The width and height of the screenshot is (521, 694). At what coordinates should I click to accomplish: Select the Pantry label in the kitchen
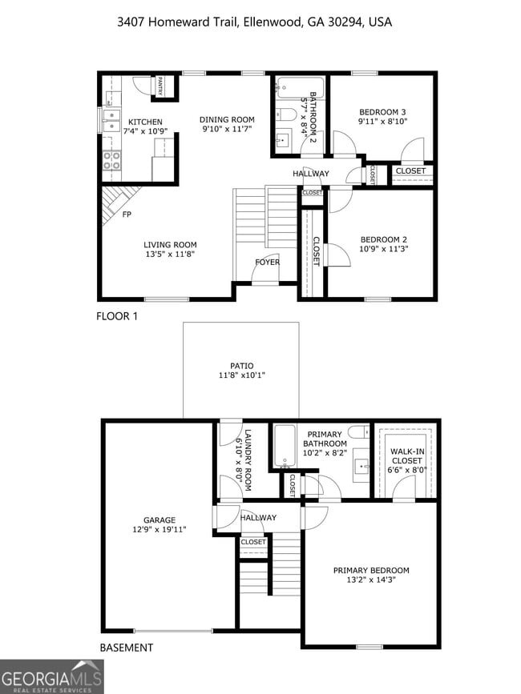[x=160, y=86]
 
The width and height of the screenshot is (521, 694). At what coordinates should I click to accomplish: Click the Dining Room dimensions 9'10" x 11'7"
[x=227, y=129]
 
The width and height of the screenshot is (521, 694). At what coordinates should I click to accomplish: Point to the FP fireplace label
[x=127, y=215]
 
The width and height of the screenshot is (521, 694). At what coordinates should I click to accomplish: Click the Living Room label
[x=170, y=245]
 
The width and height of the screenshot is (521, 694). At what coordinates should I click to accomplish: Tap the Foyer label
[x=267, y=263]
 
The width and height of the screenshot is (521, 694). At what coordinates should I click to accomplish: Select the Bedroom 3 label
[x=382, y=112]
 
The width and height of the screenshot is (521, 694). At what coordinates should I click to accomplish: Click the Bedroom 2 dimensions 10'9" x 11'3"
[x=384, y=248]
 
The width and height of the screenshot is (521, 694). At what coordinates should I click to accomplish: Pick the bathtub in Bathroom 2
[x=298, y=87]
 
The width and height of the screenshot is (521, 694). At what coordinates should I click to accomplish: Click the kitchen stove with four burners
[x=111, y=160]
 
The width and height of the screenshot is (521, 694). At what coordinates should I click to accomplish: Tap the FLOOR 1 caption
[x=117, y=316]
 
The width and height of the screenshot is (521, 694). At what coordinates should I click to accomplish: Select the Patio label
[x=241, y=366]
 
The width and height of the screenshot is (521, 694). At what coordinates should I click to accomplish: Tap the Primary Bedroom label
[x=370, y=571]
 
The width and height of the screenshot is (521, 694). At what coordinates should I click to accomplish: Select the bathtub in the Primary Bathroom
[x=285, y=446]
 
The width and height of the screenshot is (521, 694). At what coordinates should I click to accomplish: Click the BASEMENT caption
[x=126, y=648]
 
